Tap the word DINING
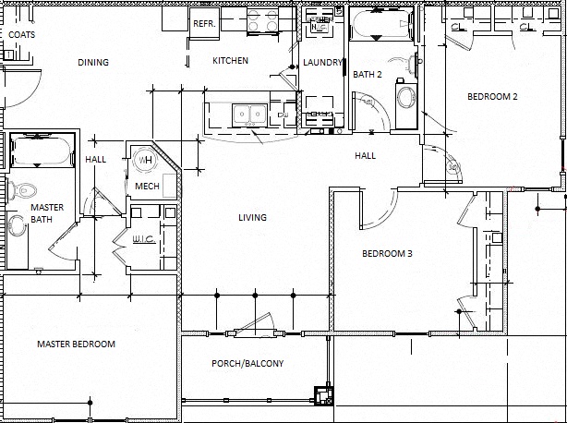pos(93,63)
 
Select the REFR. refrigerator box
pos(203,24)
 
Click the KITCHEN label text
pos(230,61)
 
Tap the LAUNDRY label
pos(322,63)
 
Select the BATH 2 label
pos(367,74)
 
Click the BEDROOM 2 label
pos(491,97)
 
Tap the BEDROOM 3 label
pos(387,254)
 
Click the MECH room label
pos(147,187)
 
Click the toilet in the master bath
pos(24,190)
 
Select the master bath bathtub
pos(41,151)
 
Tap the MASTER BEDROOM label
pos(76,344)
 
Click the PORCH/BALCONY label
pos(247,363)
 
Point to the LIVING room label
pos(252,218)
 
